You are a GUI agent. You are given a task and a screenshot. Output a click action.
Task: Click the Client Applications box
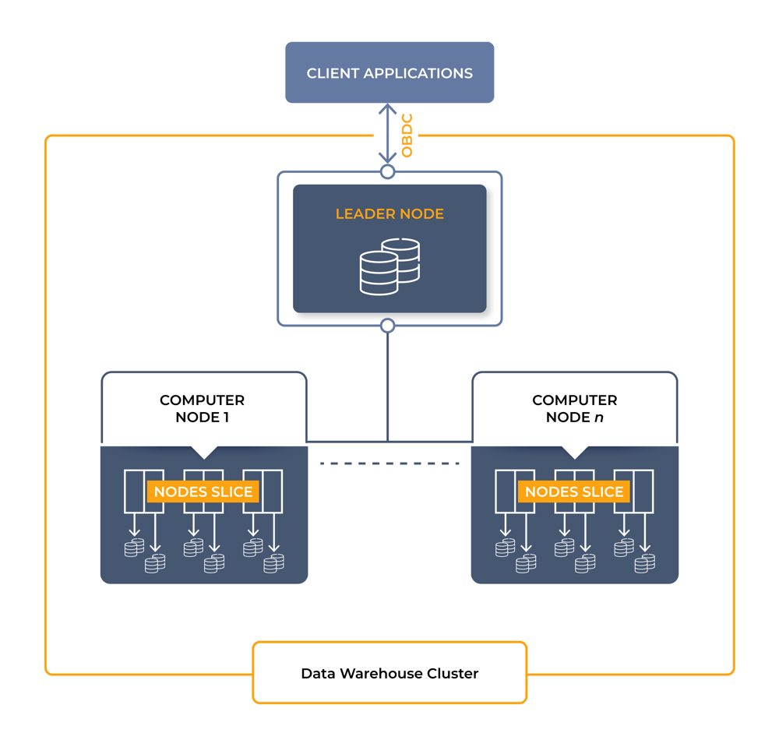click(389, 72)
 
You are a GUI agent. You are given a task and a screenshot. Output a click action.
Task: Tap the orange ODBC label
click(407, 136)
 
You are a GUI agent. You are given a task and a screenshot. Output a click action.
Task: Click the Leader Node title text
click(389, 213)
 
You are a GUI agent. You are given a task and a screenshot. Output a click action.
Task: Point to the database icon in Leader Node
click(389, 266)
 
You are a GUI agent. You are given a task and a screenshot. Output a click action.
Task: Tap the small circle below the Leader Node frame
click(387, 325)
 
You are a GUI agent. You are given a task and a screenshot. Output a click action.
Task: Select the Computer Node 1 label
click(203, 408)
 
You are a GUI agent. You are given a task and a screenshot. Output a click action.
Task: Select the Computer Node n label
click(574, 408)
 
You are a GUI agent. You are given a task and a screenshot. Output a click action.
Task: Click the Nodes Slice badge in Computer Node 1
click(203, 492)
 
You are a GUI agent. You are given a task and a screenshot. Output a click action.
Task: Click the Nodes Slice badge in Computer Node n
click(574, 492)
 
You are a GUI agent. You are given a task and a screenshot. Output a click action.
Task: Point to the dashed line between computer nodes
click(389, 463)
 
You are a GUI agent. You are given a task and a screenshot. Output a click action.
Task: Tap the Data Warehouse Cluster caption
click(389, 673)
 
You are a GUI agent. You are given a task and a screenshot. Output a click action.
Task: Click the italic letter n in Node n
click(597, 417)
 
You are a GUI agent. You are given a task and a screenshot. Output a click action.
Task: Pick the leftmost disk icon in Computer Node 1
click(134, 548)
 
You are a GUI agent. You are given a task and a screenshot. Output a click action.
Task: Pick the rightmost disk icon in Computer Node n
click(644, 562)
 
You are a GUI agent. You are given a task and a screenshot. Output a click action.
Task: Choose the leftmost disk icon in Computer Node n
click(505, 548)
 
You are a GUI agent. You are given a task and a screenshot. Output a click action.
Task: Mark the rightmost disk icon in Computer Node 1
click(273, 562)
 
